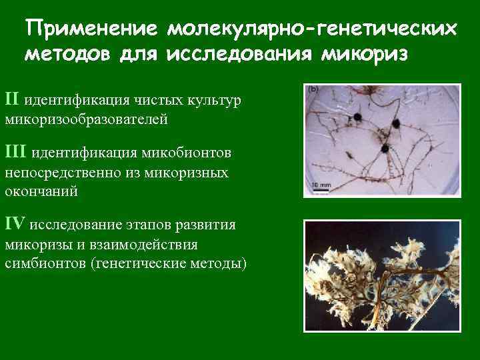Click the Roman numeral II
click(13, 99)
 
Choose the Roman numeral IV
click(15, 223)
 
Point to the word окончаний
click(41, 192)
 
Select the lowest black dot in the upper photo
click(384, 149)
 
